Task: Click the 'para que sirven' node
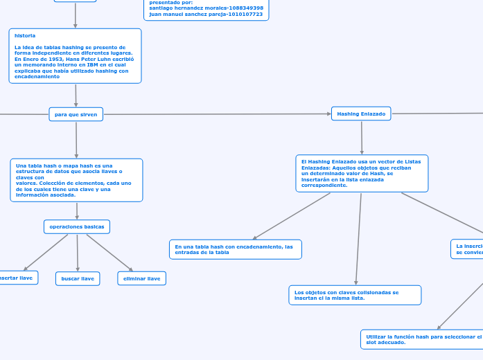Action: [x=76, y=114]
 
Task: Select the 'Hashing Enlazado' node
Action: [x=361, y=114]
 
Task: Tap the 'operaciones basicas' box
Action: [x=77, y=226]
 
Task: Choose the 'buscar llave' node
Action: [x=78, y=278]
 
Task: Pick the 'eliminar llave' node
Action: [x=141, y=278]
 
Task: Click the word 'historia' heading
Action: [x=25, y=35]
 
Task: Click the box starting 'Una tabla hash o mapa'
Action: [x=76, y=180]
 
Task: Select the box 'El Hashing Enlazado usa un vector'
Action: [x=361, y=173]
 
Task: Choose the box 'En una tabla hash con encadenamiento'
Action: [x=235, y=249]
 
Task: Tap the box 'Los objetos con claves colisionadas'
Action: [x=354, y=295]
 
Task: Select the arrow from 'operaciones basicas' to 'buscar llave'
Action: [x=77, y=253]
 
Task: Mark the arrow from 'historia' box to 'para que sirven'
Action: [x=76, y=95]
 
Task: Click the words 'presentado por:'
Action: [x=171, y=2]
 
